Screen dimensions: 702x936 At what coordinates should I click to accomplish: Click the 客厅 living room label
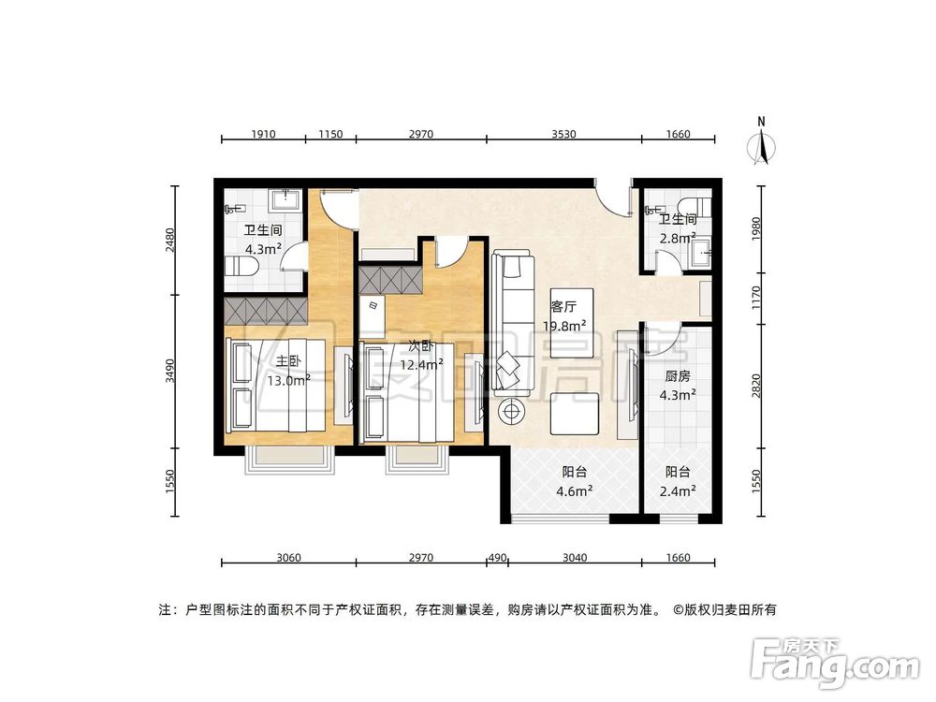(563, 305)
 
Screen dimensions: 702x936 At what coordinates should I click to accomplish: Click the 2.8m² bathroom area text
(677, 239)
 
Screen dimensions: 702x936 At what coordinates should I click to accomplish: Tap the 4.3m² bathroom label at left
(263, 250)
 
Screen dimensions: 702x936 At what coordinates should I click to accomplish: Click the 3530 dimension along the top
(563, 135)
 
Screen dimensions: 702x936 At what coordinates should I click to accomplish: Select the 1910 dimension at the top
(263, 135)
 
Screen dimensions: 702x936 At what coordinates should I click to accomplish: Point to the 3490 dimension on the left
(170, 373)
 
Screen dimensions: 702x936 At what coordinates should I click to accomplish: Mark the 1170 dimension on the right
(756, 298)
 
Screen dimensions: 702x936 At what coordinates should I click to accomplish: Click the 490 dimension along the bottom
(496, 558)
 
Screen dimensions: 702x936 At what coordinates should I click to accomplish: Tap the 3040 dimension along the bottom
(575, 558)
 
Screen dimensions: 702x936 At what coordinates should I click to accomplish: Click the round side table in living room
(512, 409)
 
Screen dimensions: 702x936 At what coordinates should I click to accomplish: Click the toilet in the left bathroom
(243, 268)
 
